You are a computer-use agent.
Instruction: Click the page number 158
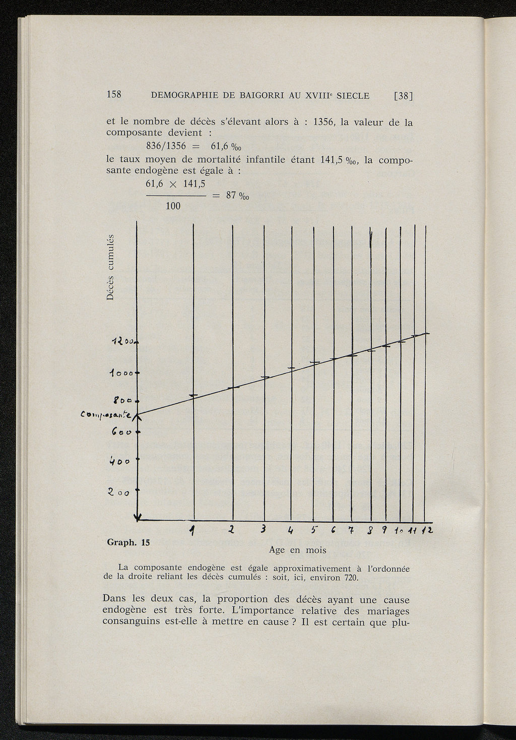[114, 94]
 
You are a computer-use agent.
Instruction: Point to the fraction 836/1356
[166, 146]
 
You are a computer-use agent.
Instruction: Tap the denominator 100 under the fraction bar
[173, 206]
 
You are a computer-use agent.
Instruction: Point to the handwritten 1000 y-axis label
[121, 374]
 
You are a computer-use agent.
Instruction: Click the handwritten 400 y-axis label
[121, 461]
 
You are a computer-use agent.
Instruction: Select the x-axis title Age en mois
[297, 549]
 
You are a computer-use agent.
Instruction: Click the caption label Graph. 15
[128, 542]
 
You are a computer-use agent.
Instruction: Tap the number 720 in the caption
[350, 578]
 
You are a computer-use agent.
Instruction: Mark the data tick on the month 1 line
[194, 395]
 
